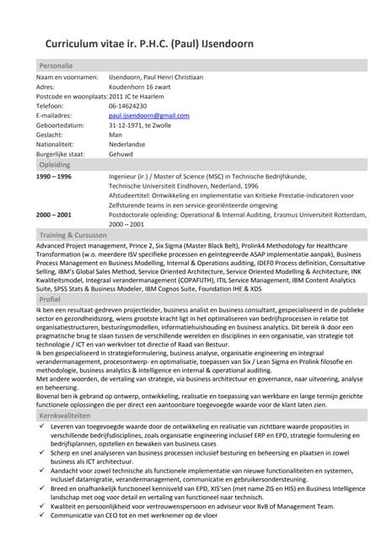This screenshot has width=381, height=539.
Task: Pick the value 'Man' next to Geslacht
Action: pos(115,135)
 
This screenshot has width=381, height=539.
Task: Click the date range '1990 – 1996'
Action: pos(54,178)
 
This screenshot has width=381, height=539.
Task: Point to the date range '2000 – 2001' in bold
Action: pos(54,215)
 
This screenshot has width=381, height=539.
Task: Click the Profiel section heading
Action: pos(50,299)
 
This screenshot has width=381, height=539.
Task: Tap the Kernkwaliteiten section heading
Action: pos(64,416)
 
